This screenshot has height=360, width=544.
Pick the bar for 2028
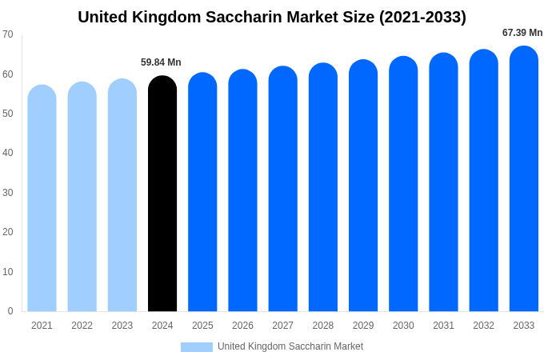323,187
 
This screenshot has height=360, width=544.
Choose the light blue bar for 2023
122,195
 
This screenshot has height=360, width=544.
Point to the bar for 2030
403,184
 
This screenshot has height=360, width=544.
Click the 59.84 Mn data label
161,62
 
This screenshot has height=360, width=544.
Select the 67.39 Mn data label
522,33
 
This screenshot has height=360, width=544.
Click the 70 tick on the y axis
8,34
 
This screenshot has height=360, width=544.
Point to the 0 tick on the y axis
10,311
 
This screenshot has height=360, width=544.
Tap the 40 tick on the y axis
8,153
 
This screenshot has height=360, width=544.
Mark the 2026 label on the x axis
242,326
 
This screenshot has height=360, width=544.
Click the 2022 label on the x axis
82,326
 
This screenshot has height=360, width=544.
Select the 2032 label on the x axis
483,326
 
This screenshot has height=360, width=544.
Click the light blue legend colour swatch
197,347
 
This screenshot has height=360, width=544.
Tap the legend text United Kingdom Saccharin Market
290,346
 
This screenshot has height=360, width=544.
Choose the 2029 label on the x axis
363,326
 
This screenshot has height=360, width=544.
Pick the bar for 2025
202,192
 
